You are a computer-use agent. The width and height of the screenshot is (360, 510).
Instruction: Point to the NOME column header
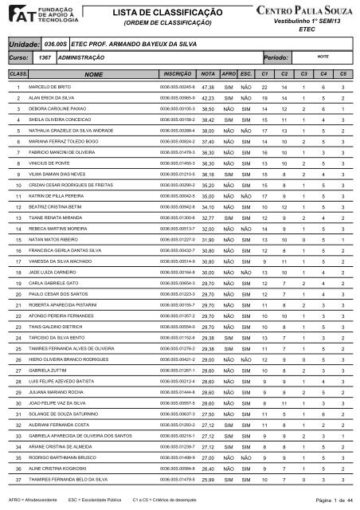tap(93, 73)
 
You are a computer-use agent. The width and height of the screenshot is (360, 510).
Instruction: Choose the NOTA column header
tap(209, 73)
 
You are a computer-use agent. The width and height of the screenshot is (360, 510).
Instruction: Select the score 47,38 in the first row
tap(209, 87)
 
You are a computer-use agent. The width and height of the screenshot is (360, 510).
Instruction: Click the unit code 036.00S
tap(54, 46)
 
